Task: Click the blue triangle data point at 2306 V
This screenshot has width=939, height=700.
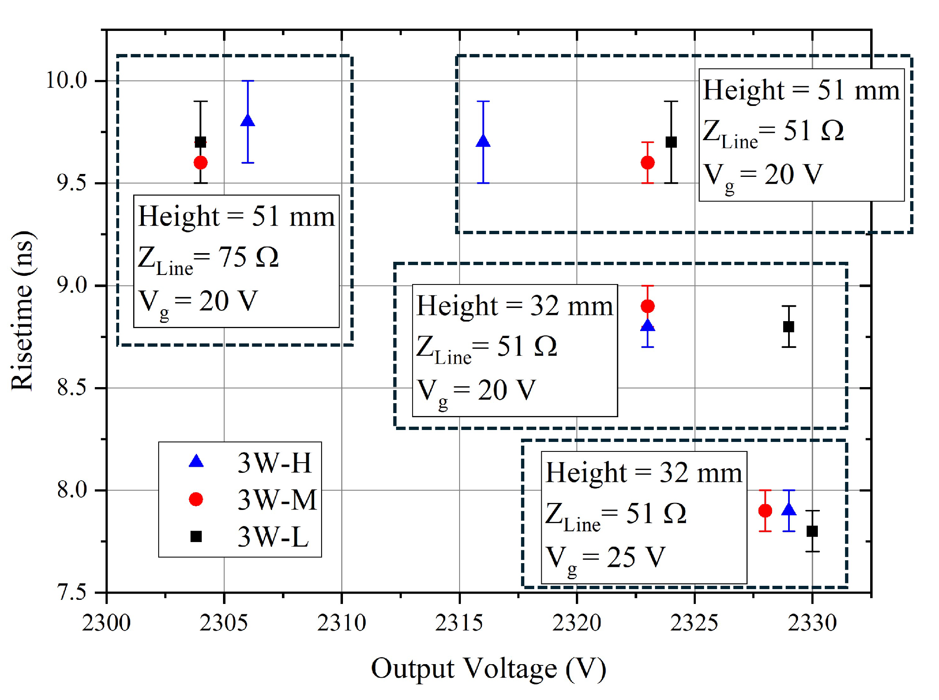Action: pyautogui.click(x=247, y=121)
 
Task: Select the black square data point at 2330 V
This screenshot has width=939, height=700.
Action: pyautogui.click(x=812, y=531)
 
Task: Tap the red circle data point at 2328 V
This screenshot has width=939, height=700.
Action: pyautogui.click(x=765, y=511)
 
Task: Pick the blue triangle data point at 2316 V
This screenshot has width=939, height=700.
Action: pyautogui.click(x=483, y=141)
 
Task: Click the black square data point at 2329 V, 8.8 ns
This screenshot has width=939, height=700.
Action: pyautogui.click(x=789, y=327)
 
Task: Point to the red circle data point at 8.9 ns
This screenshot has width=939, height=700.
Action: pyautogui.click(x=648, y=306)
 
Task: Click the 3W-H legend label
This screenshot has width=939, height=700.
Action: pyautogui.click(x=274, y=463)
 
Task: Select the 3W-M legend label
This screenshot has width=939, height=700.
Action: pyautogui.click(x=277, y=500)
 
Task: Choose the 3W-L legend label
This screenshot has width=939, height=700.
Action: pyautogui.click(x=273, y=536)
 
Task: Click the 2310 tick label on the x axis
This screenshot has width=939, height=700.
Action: pyautogui.click(x=342, y=623)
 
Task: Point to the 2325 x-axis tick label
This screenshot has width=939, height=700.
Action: pyautogui.click(x=694, y=623)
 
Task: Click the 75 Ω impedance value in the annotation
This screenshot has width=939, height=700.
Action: pyautogui.click(x=248, y=257)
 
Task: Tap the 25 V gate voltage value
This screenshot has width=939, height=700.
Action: pyautogui.click(x=636, y=557)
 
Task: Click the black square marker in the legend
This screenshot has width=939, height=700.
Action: pyautogui.click(x=196, y=536)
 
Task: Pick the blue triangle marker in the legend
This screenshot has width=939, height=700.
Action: pyautogui.click(x=196, y=462)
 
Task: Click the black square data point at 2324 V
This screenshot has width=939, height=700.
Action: pyautogui.click(x=671, y=142)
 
